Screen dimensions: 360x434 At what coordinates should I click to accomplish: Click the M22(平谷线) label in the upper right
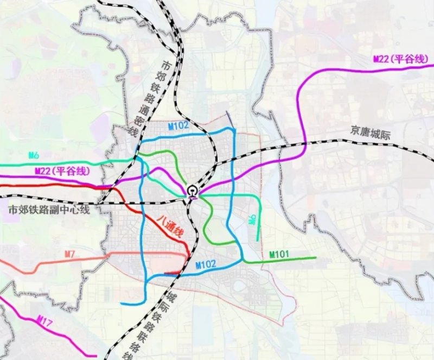pos(400,60)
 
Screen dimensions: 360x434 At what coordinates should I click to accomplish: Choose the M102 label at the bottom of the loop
pos(206,264)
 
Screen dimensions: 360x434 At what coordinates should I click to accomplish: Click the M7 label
pos(69,254)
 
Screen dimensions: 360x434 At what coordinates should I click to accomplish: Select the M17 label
pos(46,324)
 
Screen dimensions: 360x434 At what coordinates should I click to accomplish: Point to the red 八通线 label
pos(170,227)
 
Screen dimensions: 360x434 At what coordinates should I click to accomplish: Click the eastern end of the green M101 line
pos(315,257)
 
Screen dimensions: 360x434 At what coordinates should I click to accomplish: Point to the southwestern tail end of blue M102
pos(122,303)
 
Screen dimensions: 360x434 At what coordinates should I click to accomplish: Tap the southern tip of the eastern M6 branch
pos(257,239)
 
